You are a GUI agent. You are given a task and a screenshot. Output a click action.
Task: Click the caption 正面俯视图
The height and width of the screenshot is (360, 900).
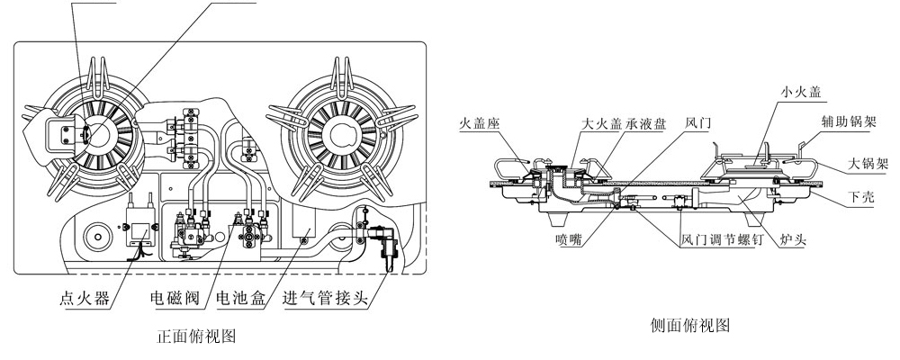(196, 338)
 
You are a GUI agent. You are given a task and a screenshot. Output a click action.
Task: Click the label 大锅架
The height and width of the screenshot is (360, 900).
(868, 165)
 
